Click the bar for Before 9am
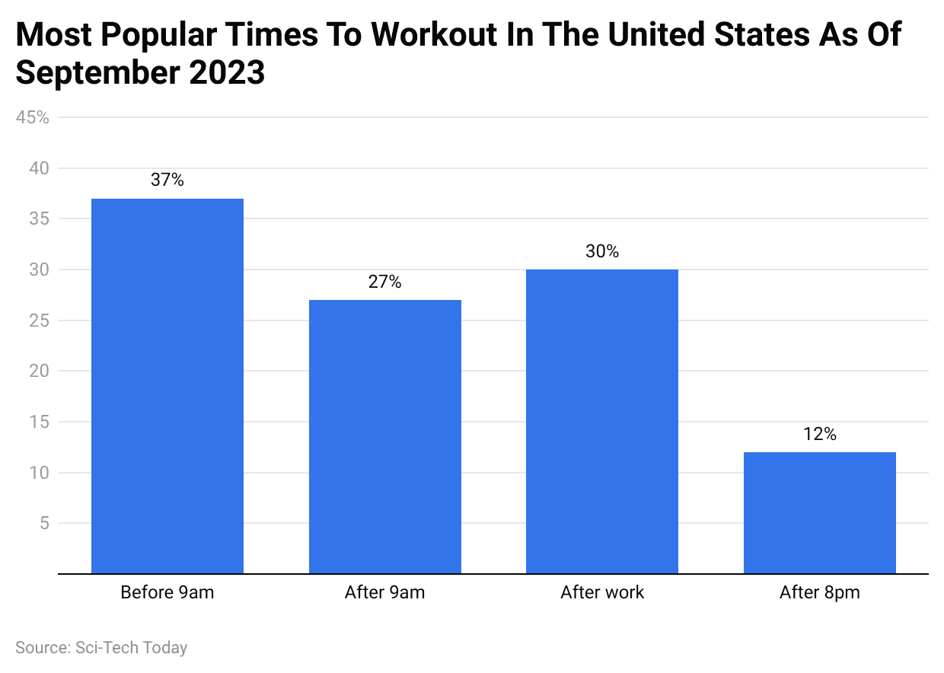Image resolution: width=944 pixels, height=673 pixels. [167, 386]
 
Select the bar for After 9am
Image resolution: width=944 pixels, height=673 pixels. [384, 436]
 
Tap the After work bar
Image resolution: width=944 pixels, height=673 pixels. [602, 421]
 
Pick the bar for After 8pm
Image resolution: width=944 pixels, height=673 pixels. [819, 512]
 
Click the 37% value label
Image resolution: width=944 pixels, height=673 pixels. [167, 180]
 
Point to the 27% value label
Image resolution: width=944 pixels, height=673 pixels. [384, 282]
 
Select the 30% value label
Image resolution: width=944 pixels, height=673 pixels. [602, 251]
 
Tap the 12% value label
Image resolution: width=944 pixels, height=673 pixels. [819, 434]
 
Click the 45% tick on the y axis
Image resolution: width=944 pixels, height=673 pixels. [32, 117]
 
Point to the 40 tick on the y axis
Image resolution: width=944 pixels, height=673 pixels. [39, 168]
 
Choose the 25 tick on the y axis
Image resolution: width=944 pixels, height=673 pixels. [39, 321]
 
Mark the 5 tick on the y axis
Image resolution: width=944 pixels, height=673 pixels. [43, 523]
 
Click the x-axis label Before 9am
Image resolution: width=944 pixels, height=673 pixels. [167, 592]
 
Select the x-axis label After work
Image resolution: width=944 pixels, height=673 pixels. [602, 592]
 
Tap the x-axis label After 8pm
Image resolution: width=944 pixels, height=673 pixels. [819, 592]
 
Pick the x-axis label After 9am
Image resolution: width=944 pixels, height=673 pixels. [384, 592]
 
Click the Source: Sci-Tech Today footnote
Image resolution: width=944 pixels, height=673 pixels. [101, 648]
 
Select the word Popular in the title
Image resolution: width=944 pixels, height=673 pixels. [156, 34]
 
